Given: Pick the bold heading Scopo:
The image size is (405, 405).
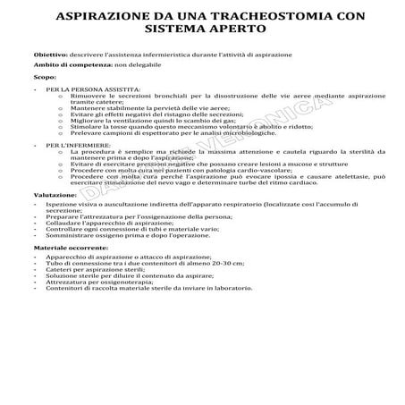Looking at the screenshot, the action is click(44, 77).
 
